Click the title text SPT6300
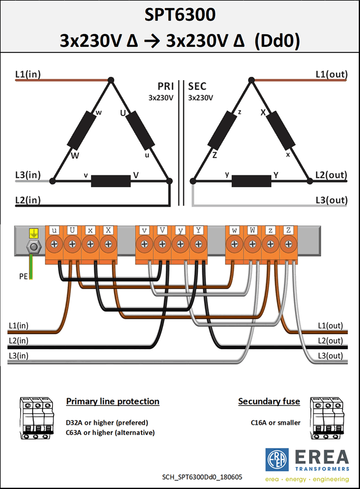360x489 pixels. pyautogui.click(x=180, y=15)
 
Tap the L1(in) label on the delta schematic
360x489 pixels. pyautogui.click(x=28, y=74)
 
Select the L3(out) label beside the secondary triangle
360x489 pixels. pyautogui.click(x=331, y=200)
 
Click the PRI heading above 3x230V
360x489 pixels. pyautogui.click(x=166, y=86)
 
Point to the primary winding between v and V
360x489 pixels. pyautogui.click(x=111, y=181)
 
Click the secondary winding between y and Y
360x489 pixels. pyautogui.click(x=252, y=181)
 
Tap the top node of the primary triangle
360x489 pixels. pyautogui.click(x=111, y=80)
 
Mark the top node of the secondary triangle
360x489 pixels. pyautogui.click(x=252, y=80)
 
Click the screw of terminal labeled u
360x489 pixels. pyautogui.click(x=54, y=244)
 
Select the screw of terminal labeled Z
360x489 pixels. pyautogui.click(x=288, y=244)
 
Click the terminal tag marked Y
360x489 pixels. pyautogui.click(x=198, y=230)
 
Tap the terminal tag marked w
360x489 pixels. pyautogui.click(x=234, y=230)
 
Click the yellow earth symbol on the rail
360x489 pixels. pyautogui.click(x=34, y=233)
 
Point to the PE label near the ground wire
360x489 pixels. pyautogui.click(x=23, y=276)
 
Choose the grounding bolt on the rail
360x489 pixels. pyautogui.click(x=34, y=247)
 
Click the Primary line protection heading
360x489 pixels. pyautogui.click(x=113, y=401)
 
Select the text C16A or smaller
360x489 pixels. pyautogui.click(x=275, y=423)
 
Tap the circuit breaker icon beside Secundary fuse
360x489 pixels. pyautogui.click(x=327, y=418)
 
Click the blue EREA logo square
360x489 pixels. pyautogui.click(x=277, y=460)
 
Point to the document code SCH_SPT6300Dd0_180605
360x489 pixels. pyautogui.click(x=202, y=477)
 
